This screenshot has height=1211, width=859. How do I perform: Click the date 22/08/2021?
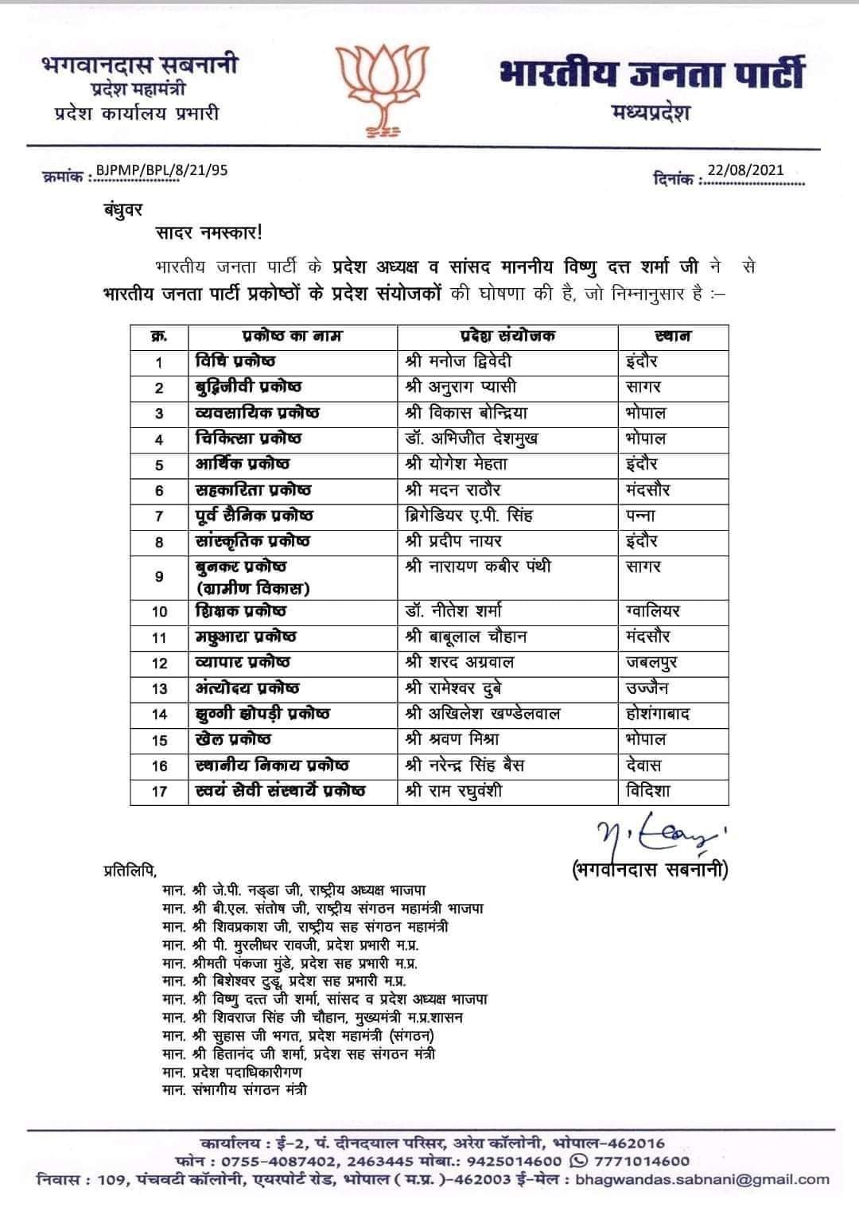[x=745, y=169]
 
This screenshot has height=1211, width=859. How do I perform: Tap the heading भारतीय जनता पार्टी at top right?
[x=652, y=74]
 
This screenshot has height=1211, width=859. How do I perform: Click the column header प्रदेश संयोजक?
[x=507, y=336]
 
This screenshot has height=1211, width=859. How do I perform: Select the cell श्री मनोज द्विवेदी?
[x=458, y=361]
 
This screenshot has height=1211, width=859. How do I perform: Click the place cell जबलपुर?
[x=651, y=662]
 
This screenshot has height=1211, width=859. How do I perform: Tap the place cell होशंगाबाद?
[x=658, y=714]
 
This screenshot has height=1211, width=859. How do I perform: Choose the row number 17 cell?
[x=159, y=792]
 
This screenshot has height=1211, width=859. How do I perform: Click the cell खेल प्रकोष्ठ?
[x=233, y=740]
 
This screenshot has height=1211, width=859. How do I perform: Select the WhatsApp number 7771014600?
[x=650, y=1161]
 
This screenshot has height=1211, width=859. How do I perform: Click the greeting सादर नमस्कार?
[x=208, y=234]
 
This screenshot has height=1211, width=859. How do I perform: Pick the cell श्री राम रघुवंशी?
[x=453, y=792]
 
